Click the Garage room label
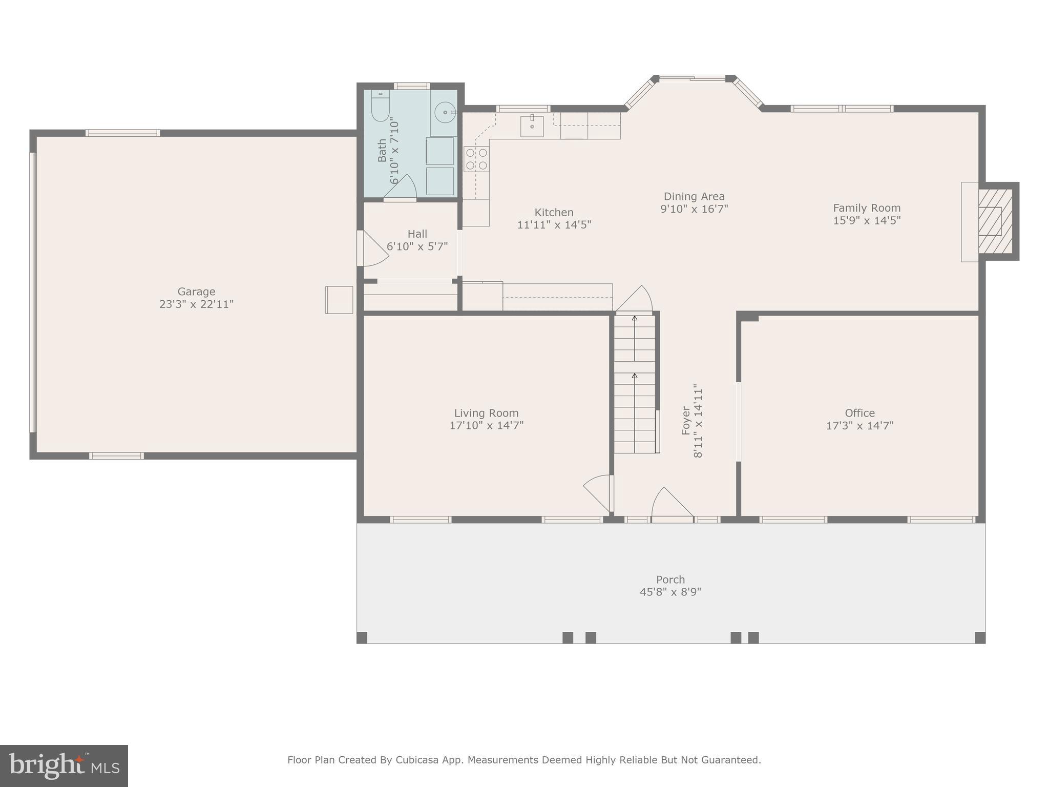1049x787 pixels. coord(196,292)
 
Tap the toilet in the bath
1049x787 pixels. coord(380,106)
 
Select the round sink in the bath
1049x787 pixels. coord(445,112)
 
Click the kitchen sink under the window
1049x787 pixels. coord(532,126)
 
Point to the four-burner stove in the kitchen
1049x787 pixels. coord(476,159)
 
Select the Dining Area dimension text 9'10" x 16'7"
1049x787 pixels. coord(694,209)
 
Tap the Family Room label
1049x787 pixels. coord(866,208)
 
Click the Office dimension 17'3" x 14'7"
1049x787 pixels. coord(859,426)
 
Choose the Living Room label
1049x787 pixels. coord(486,413)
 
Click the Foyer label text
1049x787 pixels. coord(686,421)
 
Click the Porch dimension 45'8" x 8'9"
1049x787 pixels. coord(670,592)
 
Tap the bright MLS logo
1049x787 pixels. coord(64,766)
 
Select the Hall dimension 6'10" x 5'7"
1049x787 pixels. coord(417,246)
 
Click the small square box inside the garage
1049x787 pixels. coord(339,300)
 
